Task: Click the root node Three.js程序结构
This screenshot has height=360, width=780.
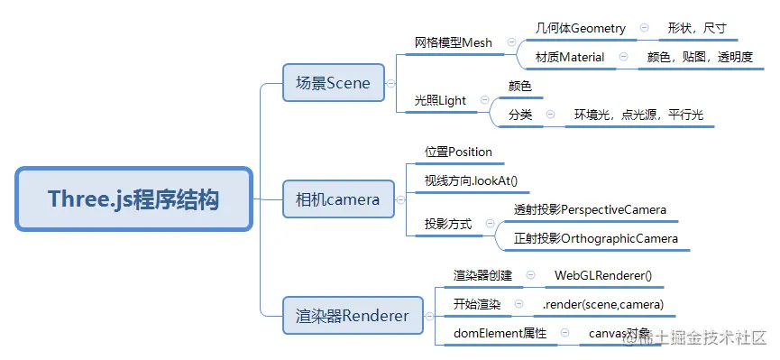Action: pos(133,198)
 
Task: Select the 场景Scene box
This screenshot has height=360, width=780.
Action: pos(333,83)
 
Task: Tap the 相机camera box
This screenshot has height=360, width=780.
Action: pos(338,199)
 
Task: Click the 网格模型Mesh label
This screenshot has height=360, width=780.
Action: pos(454,42)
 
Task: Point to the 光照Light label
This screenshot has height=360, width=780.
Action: pos(440,100)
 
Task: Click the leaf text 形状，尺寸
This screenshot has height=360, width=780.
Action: pos(697,28)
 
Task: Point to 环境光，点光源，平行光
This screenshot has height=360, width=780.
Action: pos(638,115)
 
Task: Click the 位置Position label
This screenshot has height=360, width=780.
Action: pos(458,152)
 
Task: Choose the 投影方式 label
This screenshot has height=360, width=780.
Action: pos(448,224)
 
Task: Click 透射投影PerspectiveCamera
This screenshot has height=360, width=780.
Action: pos(590,210)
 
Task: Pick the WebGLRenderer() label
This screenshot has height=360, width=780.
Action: pos(602,275)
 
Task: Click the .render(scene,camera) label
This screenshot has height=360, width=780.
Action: pos(603,304)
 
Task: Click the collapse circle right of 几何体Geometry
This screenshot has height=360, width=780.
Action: pos(644,28)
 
